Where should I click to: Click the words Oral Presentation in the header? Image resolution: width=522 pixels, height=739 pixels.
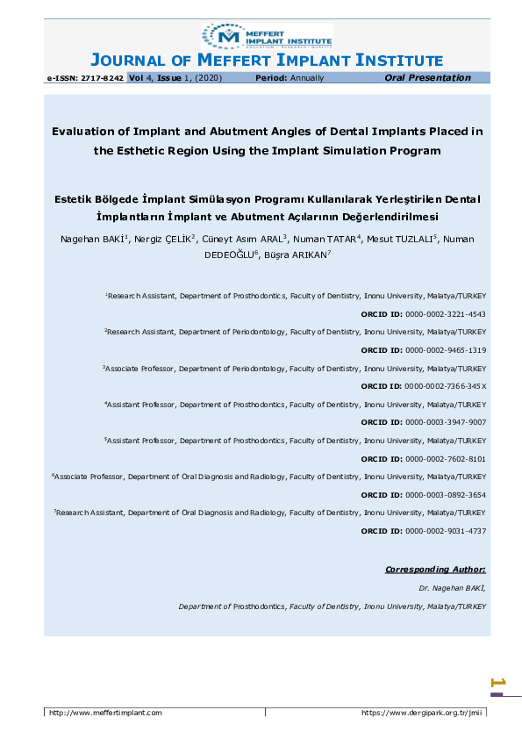click(x=427, y=78)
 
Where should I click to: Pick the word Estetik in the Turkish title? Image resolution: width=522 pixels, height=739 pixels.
click(x=75, y=199)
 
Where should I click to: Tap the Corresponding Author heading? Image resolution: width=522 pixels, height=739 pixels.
click(x=435, y=570)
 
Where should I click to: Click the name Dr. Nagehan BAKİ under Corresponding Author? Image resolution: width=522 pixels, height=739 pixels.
click(x=453, y=588)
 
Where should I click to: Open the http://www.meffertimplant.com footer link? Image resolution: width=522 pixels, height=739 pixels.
click(x=106, y=713)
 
